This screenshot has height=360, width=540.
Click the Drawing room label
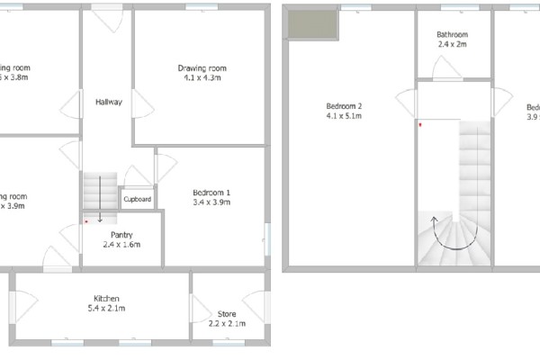202,68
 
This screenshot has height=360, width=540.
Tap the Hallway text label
109,102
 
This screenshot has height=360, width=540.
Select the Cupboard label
138,199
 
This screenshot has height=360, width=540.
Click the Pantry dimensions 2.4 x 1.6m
121,245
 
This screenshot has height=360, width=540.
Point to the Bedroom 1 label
212,193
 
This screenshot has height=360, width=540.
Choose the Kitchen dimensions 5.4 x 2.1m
107,309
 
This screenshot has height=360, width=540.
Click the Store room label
226,314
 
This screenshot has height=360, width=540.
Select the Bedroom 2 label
344,106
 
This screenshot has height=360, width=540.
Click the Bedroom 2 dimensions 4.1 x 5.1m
344,116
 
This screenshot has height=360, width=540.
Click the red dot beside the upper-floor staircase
419,125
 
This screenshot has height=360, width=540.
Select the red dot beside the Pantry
86,220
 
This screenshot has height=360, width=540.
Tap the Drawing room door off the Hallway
141,104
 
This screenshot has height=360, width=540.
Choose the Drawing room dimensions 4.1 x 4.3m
202,78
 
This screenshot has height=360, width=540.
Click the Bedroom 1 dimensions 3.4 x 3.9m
212,202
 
